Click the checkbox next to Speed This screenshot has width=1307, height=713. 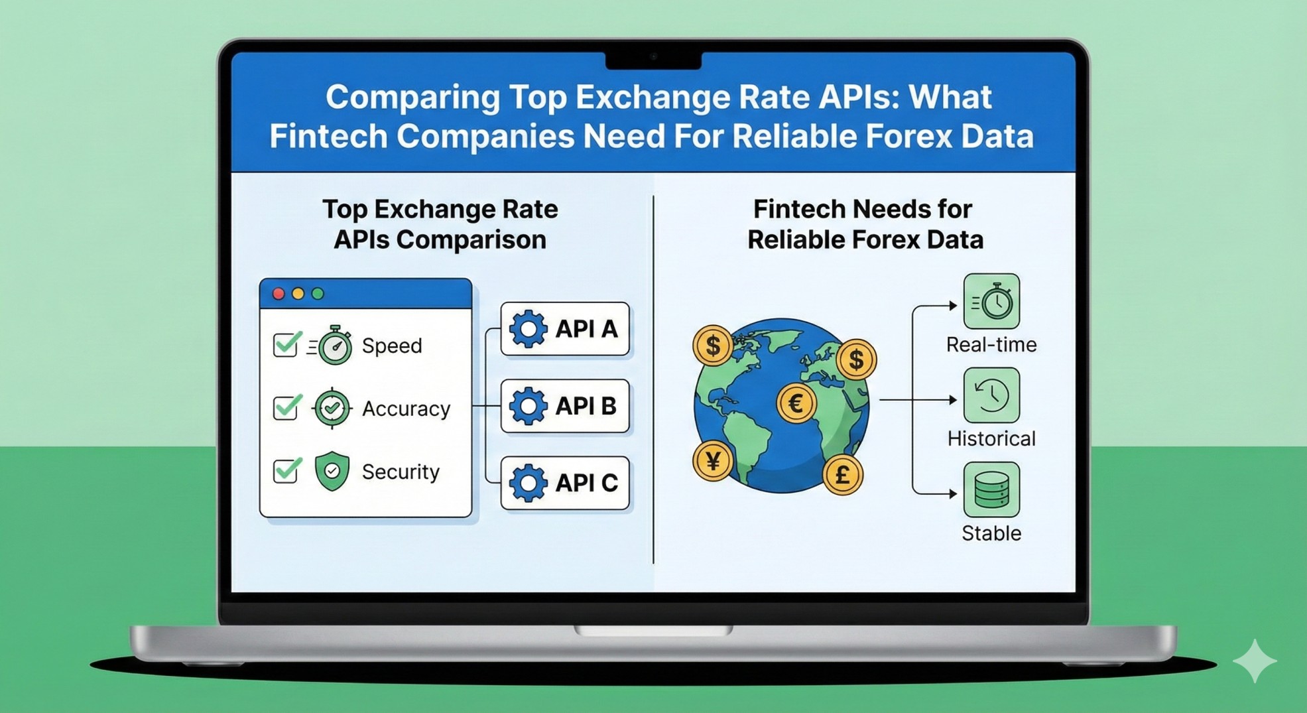[x=285, y=345]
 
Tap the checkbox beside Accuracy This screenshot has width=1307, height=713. [x=285, y=408]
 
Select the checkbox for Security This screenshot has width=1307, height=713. [x=285, y=471]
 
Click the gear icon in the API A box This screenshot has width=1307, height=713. [x=528, y=329]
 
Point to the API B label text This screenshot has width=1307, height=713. [x=586, y=406]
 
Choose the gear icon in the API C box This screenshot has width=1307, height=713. [x=528, y=483]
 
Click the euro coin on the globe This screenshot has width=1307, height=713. [x=796, y=403]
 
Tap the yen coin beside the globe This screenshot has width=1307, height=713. [x=713, y=460]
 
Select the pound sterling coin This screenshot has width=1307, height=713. [x=842, y=474]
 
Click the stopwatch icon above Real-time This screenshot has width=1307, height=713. [x=991, y=302]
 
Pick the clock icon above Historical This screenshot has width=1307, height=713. [x=991, y=396]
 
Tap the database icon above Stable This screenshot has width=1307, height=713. [x=991, y=490]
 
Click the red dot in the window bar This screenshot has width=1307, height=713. [x=279, y=294]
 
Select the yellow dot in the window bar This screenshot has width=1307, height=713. [x=298, y=294]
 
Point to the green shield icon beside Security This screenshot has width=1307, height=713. [x=332, y=471]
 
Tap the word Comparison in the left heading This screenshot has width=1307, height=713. [x=471, y=239]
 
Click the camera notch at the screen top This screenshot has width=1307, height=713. [x=653, y=58]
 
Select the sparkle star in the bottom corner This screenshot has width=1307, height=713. [x=1255, y=661]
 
